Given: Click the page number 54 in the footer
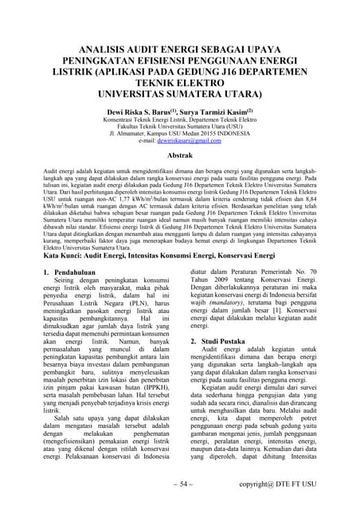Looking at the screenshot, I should click(x=181, y=483).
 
